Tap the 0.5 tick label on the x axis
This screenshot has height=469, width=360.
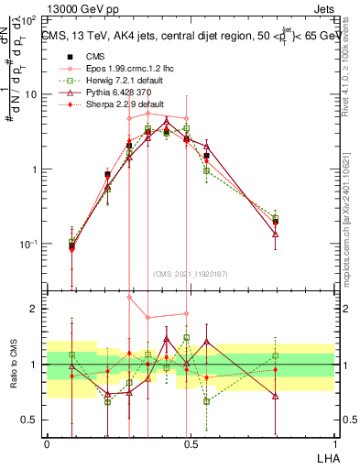coord(190,442)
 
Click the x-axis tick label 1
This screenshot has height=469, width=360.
coord(333,442)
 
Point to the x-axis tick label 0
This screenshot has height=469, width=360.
coord(47,442)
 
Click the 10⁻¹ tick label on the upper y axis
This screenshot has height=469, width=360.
coord(27,245)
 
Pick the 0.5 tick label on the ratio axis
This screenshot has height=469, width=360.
coord(30,420)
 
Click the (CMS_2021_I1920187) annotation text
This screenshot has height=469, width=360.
coord(190,273)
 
